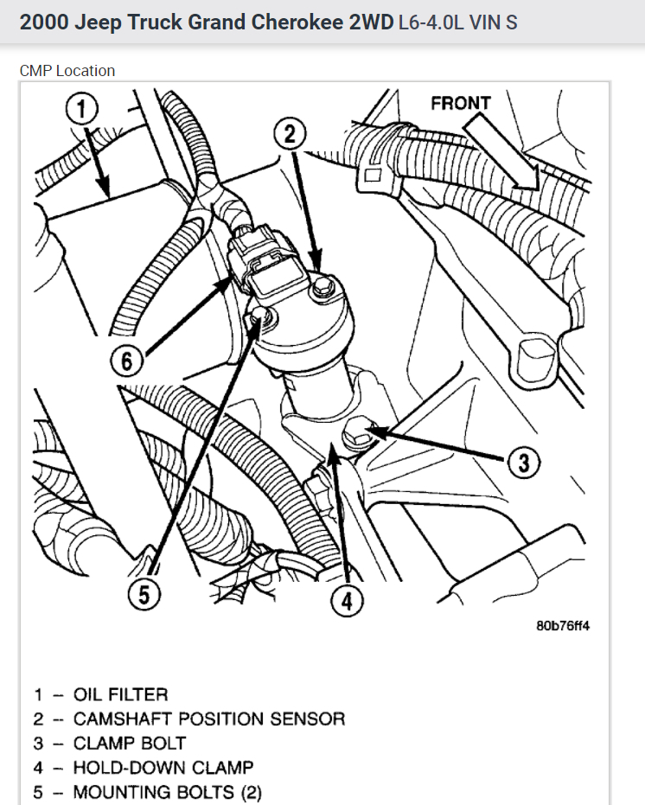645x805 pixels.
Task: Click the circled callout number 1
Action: click(83, 110)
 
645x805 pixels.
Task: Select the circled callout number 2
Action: click(291, 133)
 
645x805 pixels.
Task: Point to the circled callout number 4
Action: click(347, 600)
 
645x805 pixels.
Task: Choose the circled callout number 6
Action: click(128, 361)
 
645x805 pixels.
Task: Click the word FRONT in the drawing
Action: click(460, 104)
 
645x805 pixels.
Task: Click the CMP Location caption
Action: click(67, 71)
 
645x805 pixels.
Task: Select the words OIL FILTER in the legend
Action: click(120, 694)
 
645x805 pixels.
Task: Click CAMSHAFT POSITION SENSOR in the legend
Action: click(208, 719)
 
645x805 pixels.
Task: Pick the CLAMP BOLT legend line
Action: click(129, 743)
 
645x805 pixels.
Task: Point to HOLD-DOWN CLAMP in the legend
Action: click(163, 767)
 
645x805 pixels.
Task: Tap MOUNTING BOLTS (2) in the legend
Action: click(167, 791)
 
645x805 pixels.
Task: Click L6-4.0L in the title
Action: click(431, 22)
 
